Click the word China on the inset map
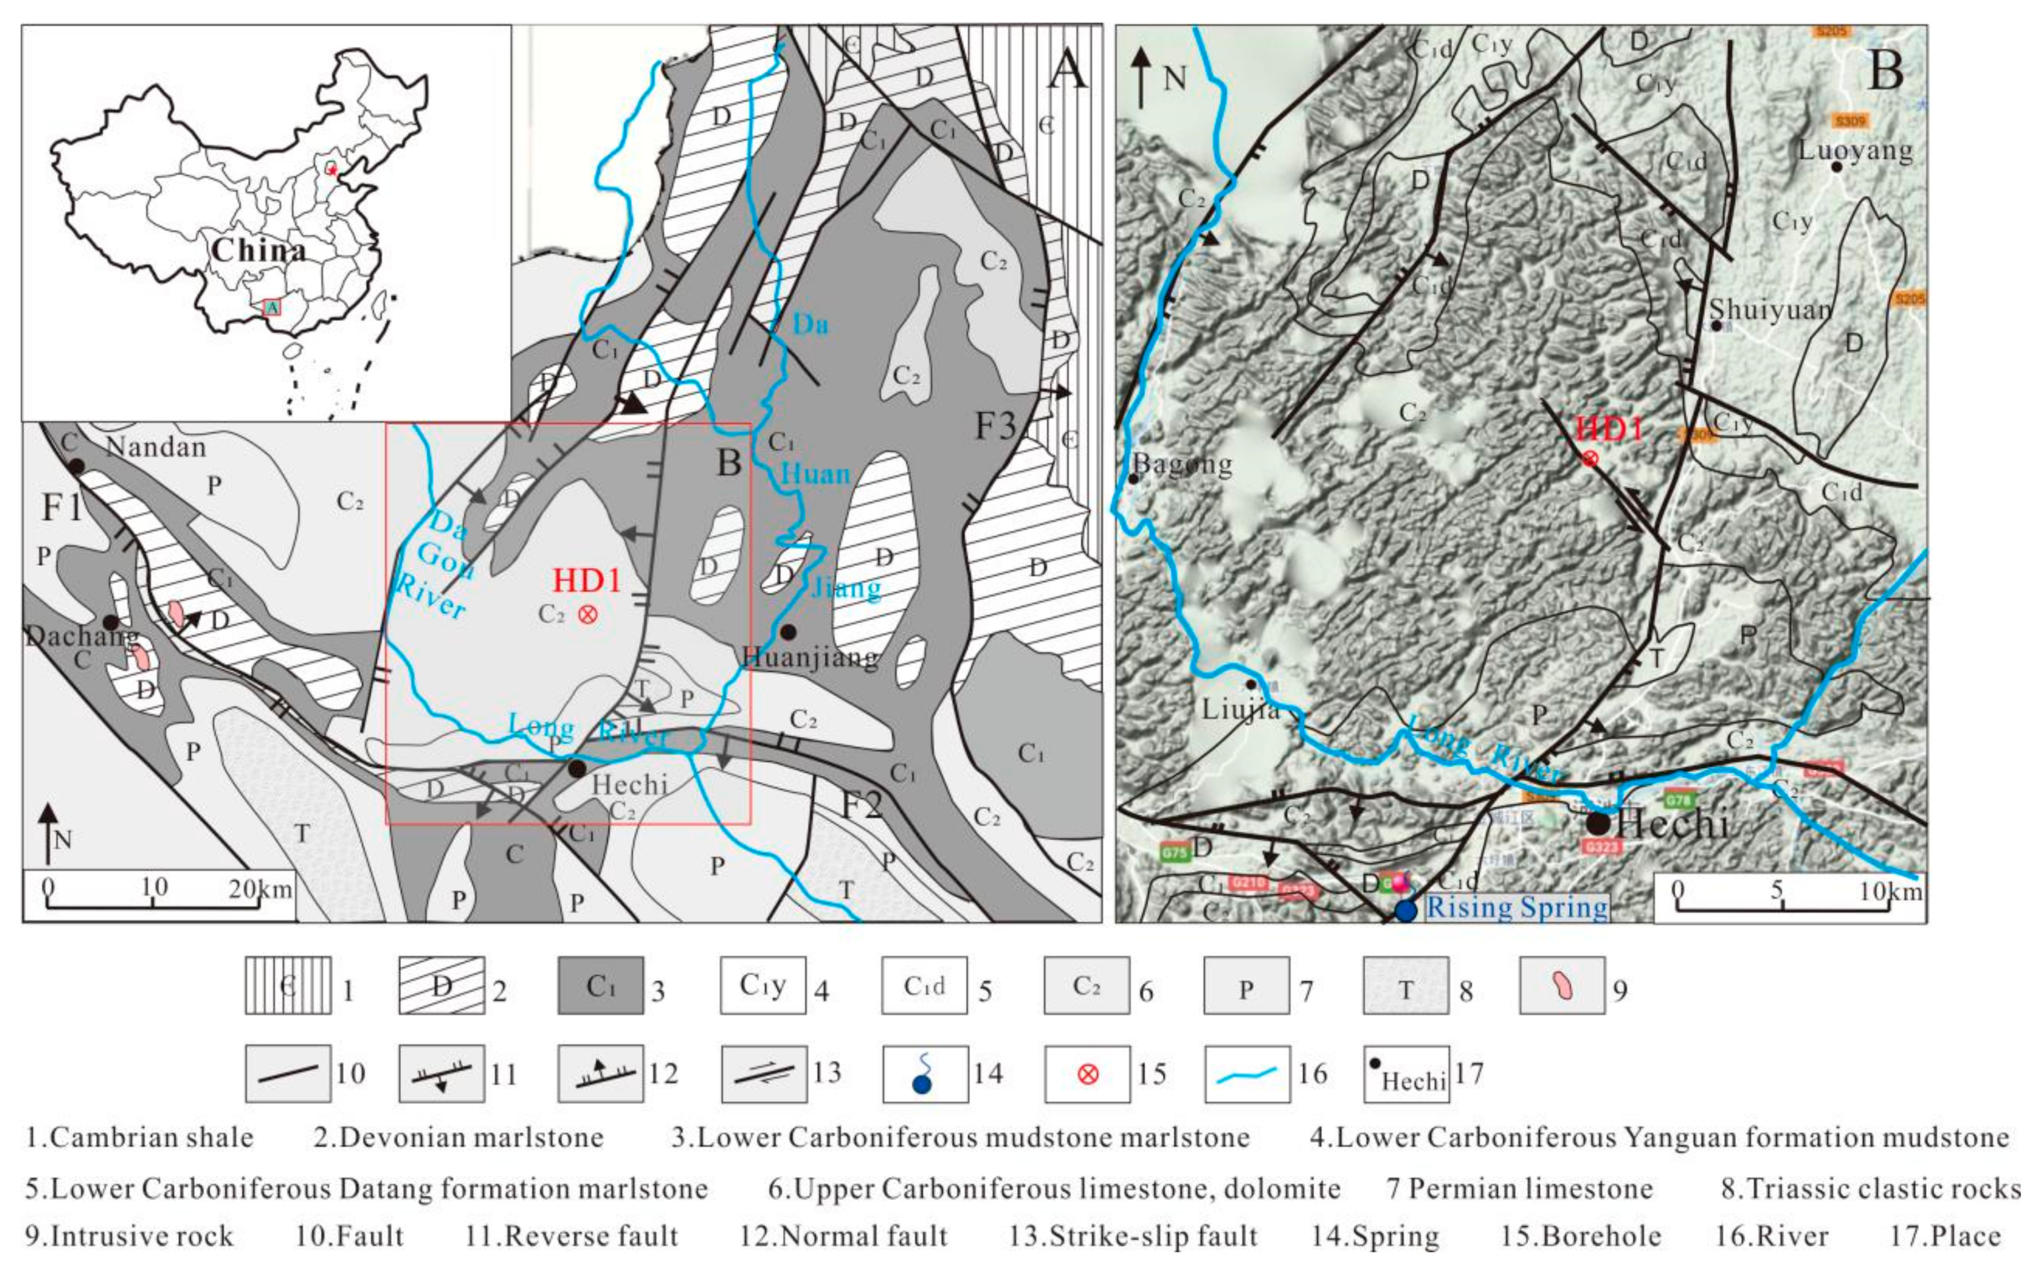pyautogui.click(x=258, y=250)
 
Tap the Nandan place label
pyautogui.click(x=156, y=447)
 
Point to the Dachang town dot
pyautogui.click(x=110, y=622)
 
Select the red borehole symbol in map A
pyautogui.click(x=587, y=614)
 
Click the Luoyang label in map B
pyautogui.click(x=1855, y=151)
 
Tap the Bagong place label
pyautogui.click(x=1183, y=463)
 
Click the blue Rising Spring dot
pyautogui.click(x=1405, y=910)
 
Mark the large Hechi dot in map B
pyautogui.click(x=1597, y=824)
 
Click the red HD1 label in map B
pyautogui.click(x=1608, y=429)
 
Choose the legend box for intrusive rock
pyautogui.click(x=1561, y=985)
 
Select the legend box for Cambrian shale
pyautogui.click(x=288, y=985)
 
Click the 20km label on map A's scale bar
pyautogui.click(x=260, y=888)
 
